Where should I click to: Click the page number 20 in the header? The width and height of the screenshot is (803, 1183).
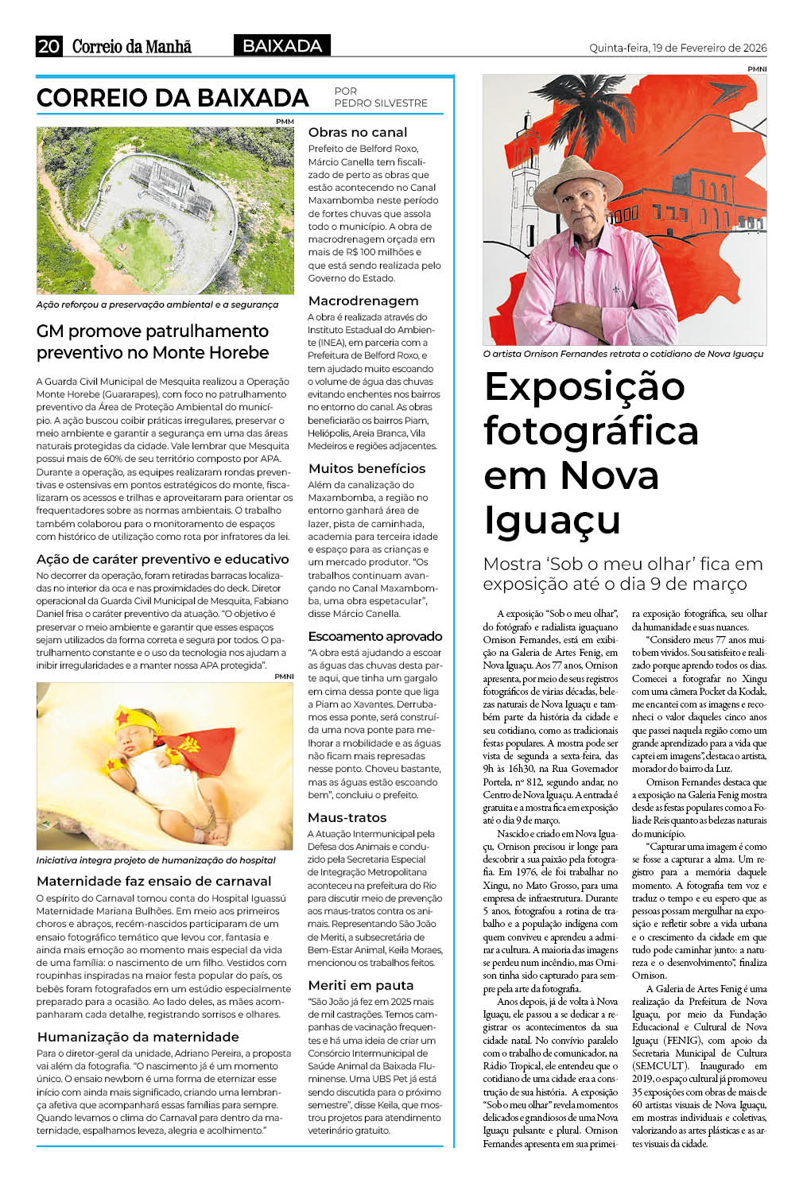point(48,46)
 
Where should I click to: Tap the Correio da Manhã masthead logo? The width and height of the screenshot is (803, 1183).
point(132,46)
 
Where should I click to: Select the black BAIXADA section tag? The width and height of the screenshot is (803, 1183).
point(282,46)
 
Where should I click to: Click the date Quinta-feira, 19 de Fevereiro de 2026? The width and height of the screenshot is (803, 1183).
point(677,48)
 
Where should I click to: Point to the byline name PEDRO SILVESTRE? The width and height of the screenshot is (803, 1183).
point(381,103)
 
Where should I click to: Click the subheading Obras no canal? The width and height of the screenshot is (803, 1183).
point(358,133)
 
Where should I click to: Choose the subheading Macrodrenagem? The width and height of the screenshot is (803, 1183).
point(363,301)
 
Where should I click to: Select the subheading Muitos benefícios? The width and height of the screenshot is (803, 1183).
point(367,469)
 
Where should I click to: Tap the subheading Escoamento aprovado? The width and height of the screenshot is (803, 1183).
point(375,637)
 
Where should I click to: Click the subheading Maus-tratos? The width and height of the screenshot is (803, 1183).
point(347,818)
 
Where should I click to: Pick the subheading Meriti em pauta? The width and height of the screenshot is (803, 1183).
point(361,986)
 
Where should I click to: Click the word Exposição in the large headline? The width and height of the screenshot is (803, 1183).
point(584,387)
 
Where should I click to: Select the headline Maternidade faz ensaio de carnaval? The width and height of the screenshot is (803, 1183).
point(154,882)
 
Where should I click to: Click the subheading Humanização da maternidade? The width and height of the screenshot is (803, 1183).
point(138,1038)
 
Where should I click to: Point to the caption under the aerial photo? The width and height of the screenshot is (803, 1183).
point(157,304)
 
